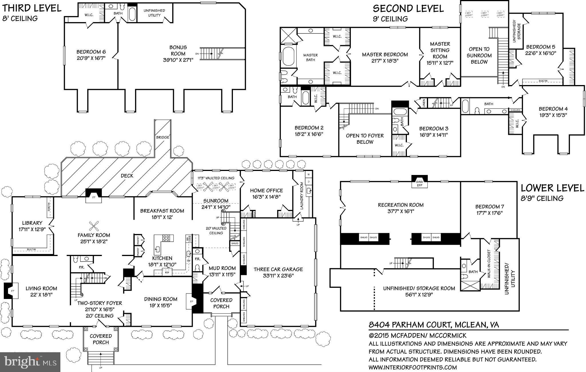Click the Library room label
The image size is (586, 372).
[x=32, y=223]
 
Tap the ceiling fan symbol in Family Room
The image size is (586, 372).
[x=94, y=226]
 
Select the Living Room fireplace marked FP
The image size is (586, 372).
[x=11, y=291]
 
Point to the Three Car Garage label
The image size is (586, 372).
[x=278, y=269]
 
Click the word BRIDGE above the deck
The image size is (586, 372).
[x=163, y=137]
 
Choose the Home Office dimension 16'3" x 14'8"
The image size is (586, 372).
[x=266, y=197]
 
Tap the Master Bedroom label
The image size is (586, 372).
[x=385, y=54]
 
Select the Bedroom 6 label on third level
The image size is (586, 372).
[x=91, y=52]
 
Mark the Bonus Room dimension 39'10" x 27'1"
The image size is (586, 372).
[x=178, y=60]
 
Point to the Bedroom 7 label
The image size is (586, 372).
[x=490, y=206]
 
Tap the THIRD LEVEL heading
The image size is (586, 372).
[x=32, y=8]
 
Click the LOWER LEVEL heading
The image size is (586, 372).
[x=552, y=188]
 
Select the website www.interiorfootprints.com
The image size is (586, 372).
[x=412, y=367]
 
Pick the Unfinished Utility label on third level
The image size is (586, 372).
[x=154, y=13]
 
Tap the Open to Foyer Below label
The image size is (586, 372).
[x=365, y=139]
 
